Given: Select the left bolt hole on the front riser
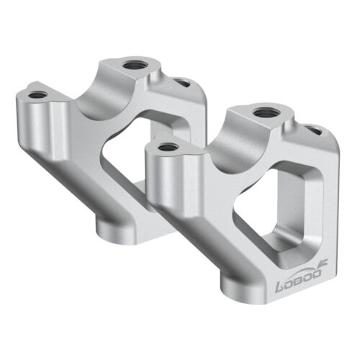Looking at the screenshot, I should [x=168, y=146].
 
